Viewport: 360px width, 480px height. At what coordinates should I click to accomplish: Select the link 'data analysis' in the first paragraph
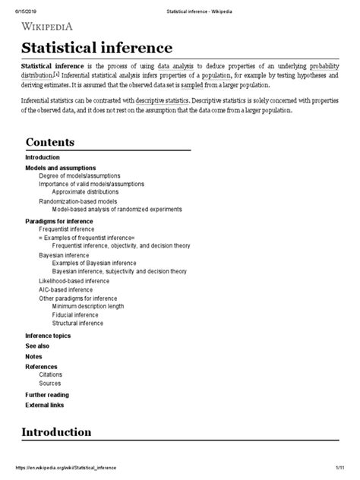[x=175, y=68]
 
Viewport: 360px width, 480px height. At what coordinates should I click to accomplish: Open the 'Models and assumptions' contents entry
[x=61, y=167]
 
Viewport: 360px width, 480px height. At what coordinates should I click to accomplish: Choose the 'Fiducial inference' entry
[x=76, y=314]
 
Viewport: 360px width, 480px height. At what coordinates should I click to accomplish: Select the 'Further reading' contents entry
[x=47, y=395]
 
